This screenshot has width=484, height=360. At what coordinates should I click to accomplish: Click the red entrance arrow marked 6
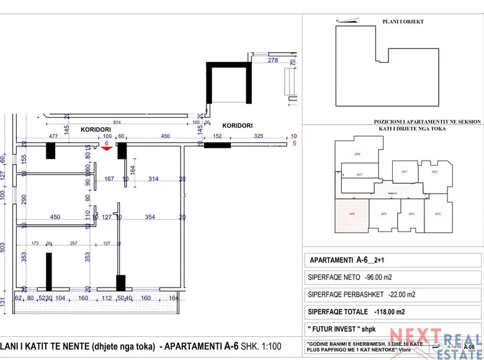click(x=107, y=149)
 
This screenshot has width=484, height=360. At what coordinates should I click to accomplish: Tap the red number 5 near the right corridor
click(x=295, y=144)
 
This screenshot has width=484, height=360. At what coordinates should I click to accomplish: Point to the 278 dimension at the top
click(x=272, y=60)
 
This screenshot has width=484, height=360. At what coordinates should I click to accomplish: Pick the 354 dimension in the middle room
click(x=150, y=217)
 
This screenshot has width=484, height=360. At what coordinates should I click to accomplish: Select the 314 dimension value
click(x=153, y=179)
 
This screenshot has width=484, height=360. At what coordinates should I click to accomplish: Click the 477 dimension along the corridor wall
click(x=53, y=137)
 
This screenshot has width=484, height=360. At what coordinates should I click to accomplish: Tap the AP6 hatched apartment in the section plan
click(x=351, y=214)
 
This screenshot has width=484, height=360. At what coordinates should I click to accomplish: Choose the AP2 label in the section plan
click(x=435, y=172)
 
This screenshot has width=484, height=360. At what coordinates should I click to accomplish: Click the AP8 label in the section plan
click(x=357, y=153)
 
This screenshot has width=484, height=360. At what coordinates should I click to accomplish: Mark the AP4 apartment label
click(x=411, y=214)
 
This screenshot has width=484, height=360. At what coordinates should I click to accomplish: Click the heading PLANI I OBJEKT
click(x=407, y=22)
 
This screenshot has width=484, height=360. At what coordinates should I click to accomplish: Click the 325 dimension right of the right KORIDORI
click(x=259, y=137)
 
